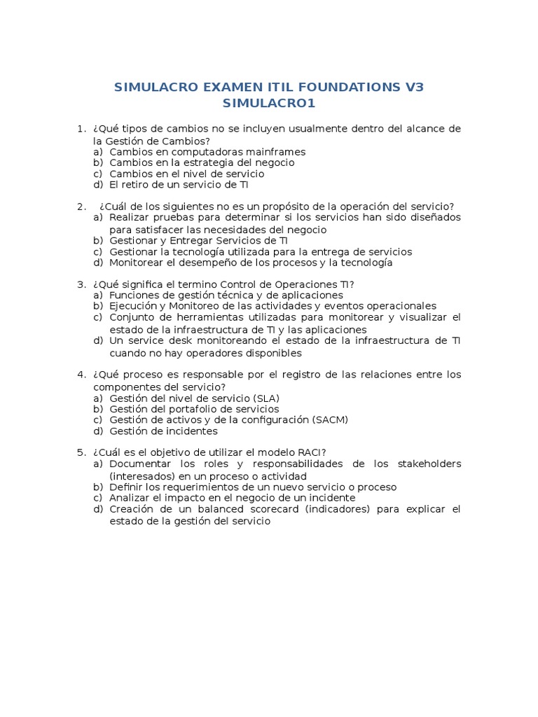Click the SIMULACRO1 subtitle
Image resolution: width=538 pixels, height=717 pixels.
pos(269,104)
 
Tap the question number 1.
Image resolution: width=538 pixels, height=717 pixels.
pos(81,129)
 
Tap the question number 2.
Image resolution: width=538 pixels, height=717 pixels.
pos(81,206)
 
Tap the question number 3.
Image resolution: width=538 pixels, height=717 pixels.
pos(81,284)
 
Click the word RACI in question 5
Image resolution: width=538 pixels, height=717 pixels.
pos(309,452)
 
